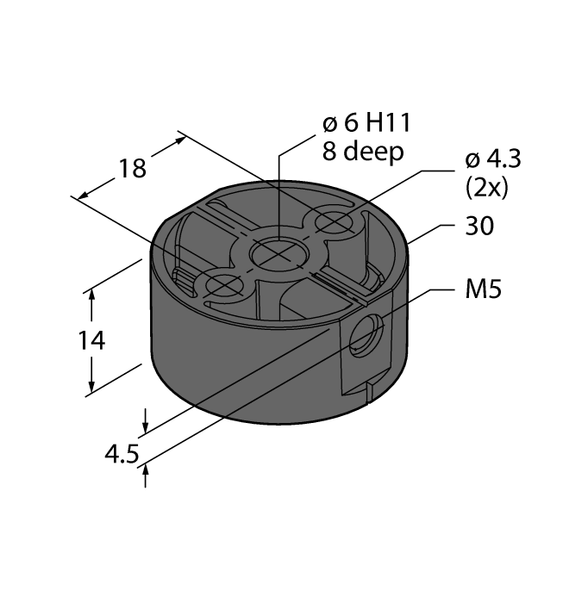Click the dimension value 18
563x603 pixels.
pos(132,168)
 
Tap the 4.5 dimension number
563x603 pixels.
pos(121,453)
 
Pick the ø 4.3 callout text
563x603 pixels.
pos(493,160)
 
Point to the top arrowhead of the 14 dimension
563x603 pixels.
pos(92,295)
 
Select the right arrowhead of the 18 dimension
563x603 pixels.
pos(179,137)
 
